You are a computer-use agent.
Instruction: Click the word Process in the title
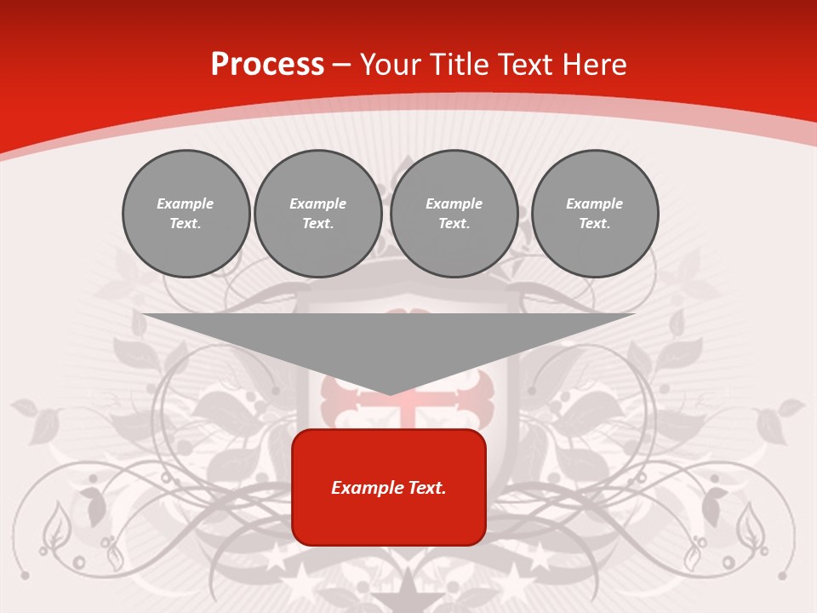click(267, 65)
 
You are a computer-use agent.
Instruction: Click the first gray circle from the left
click(186, 214)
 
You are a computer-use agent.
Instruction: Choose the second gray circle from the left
click(317, 214)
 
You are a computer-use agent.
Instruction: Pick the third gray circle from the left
click(454, 214)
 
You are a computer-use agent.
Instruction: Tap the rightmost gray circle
click(594, 214)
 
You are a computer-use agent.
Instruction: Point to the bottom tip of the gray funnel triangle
click(389, 393)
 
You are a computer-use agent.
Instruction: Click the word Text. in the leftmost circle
click(186, 224)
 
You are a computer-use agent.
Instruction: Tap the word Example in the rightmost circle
click(594, 203)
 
